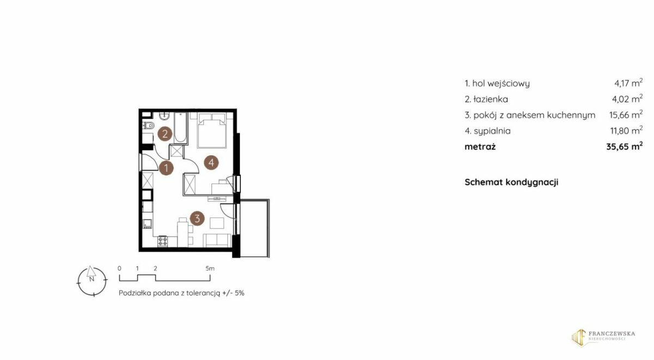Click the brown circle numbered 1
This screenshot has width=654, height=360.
tap(166, 168)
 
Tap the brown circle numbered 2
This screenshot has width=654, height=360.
tap(165, 134)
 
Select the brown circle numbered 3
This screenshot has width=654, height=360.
tap(197, 218)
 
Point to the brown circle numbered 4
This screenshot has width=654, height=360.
tap(211, 162)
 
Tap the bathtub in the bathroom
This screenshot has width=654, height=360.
tap(180, 128)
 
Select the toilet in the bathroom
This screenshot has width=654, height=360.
tap(149, 126)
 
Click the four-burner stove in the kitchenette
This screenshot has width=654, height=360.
tap(162, 241)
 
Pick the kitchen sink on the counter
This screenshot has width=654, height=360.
tap(147, 224)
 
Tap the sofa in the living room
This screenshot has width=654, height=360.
tap(217, 240)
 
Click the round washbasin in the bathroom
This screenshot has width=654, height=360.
tap(165, 116)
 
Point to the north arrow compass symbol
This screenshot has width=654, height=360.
tap(92, 281)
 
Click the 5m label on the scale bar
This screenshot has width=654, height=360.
tap(210, 269)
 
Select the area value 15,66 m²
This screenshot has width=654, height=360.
tap(626, 114)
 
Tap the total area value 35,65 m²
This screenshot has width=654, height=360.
tap(624, 146)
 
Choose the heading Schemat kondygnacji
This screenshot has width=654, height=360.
tap(511, 182)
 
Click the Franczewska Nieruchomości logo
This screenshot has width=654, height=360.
tap(603, 338)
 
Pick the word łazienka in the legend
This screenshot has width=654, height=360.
tap(491, 99)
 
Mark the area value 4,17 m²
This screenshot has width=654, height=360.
tap(628, 83)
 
